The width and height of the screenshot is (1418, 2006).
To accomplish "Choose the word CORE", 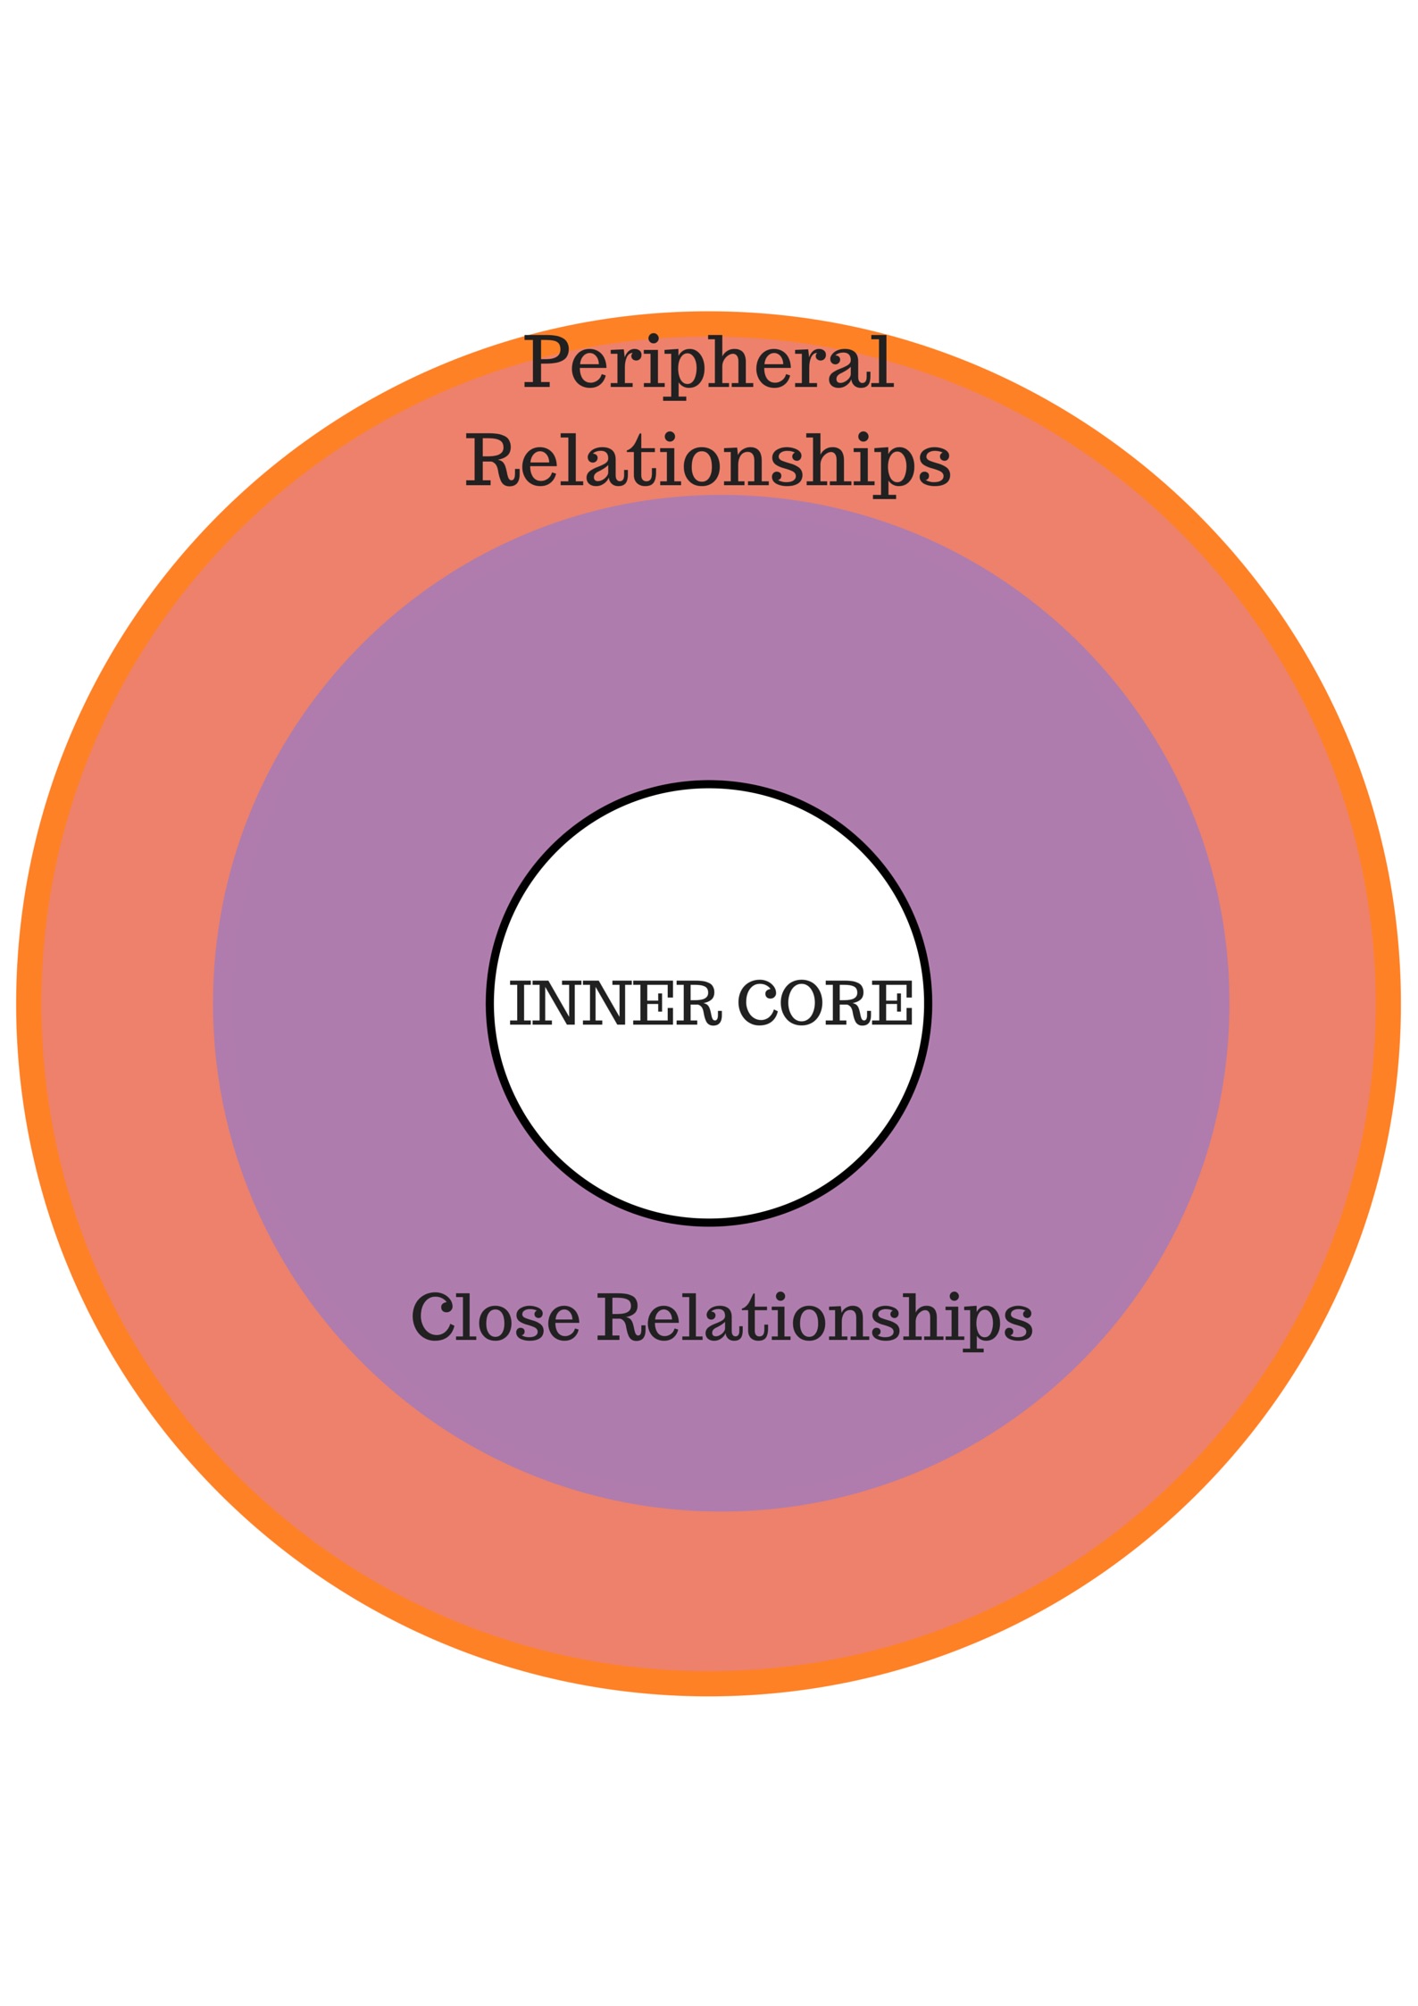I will [825, 1003].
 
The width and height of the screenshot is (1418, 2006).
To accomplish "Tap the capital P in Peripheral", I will [546, 362].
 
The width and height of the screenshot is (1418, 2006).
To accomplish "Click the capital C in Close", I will [432, 1318].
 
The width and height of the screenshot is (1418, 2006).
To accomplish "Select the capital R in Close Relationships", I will [620, 1318].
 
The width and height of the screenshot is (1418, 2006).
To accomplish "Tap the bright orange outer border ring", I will [29, 1003].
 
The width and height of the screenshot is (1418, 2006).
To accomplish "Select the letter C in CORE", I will [757, 1003].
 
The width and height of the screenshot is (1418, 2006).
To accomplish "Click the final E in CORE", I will [894, 1003].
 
